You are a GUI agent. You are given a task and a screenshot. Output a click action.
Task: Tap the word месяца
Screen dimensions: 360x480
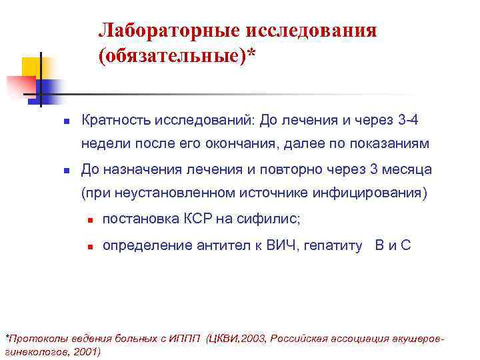click(x=407, y=169)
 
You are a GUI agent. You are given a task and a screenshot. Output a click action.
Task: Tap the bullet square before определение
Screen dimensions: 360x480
click(x=89, y=246)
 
